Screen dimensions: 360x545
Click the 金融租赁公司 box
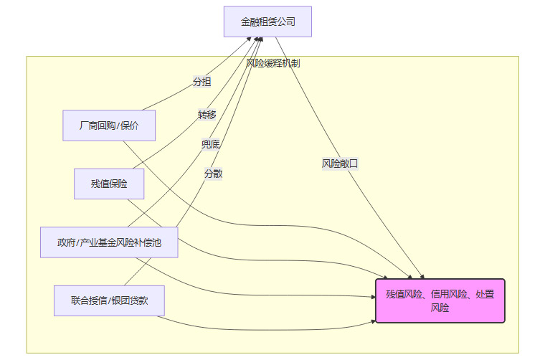[267, 22]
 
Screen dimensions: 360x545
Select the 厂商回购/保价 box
[109, 126]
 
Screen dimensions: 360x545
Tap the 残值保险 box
[109, 184]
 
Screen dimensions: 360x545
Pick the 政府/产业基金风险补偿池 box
[109, 242]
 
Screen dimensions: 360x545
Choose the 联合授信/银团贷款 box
[109, 300]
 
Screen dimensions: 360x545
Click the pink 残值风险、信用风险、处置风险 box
[440, 300]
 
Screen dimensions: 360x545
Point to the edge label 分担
[202, 82]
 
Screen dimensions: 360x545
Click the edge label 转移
[207, 115]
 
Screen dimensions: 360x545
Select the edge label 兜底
[211, 144]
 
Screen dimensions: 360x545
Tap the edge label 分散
[213, 174]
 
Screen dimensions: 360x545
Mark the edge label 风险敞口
[340, 164]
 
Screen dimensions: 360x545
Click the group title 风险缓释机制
[272, 63]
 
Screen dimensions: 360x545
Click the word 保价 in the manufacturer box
[129, 126]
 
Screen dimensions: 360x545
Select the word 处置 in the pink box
[485, 294]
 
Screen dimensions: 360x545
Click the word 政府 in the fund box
[67, 242]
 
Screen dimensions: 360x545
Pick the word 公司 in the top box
[286, 22]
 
